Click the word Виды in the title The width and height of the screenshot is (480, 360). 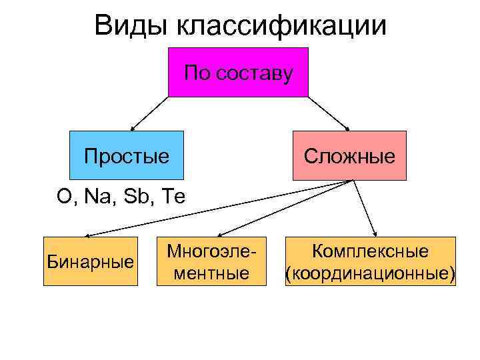pyautogui.click(x=131, y=26)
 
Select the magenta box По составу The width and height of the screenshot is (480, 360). pyautogui.click(x=238, y=72)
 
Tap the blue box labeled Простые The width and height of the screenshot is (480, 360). pyautogui.click(x=126, y=155)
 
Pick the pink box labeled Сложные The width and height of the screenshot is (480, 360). pyautogui.click(x=349, y=155)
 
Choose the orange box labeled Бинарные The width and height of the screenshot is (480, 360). pyautogui.click(x=90, y=261)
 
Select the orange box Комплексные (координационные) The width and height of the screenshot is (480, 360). pyautogui.click(x=370, y=261)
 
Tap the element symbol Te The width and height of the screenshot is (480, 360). pyautogui.click(x=173, y=196)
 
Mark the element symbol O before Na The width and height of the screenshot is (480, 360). pyautogui.click(x=64, y=196)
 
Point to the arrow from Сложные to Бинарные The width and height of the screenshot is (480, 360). pyautogui.click(x=220, y=207)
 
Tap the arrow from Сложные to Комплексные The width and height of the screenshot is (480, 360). pyautogui.click(x=363, y=208)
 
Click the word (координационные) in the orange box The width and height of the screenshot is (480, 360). pyautogui.click(x=370, y=273)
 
